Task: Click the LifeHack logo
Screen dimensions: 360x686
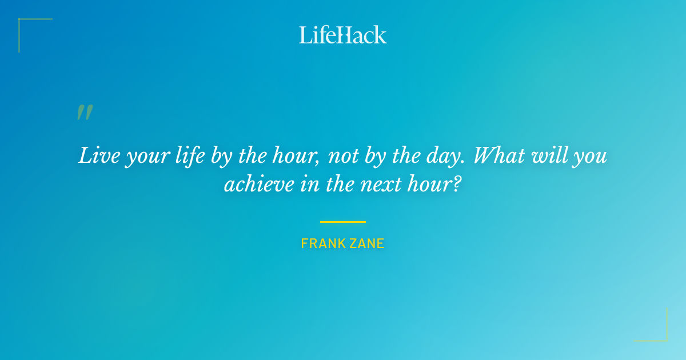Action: pos(343,35)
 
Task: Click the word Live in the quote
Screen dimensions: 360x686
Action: pos(94,156)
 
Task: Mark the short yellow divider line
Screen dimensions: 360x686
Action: pos(343,222)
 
